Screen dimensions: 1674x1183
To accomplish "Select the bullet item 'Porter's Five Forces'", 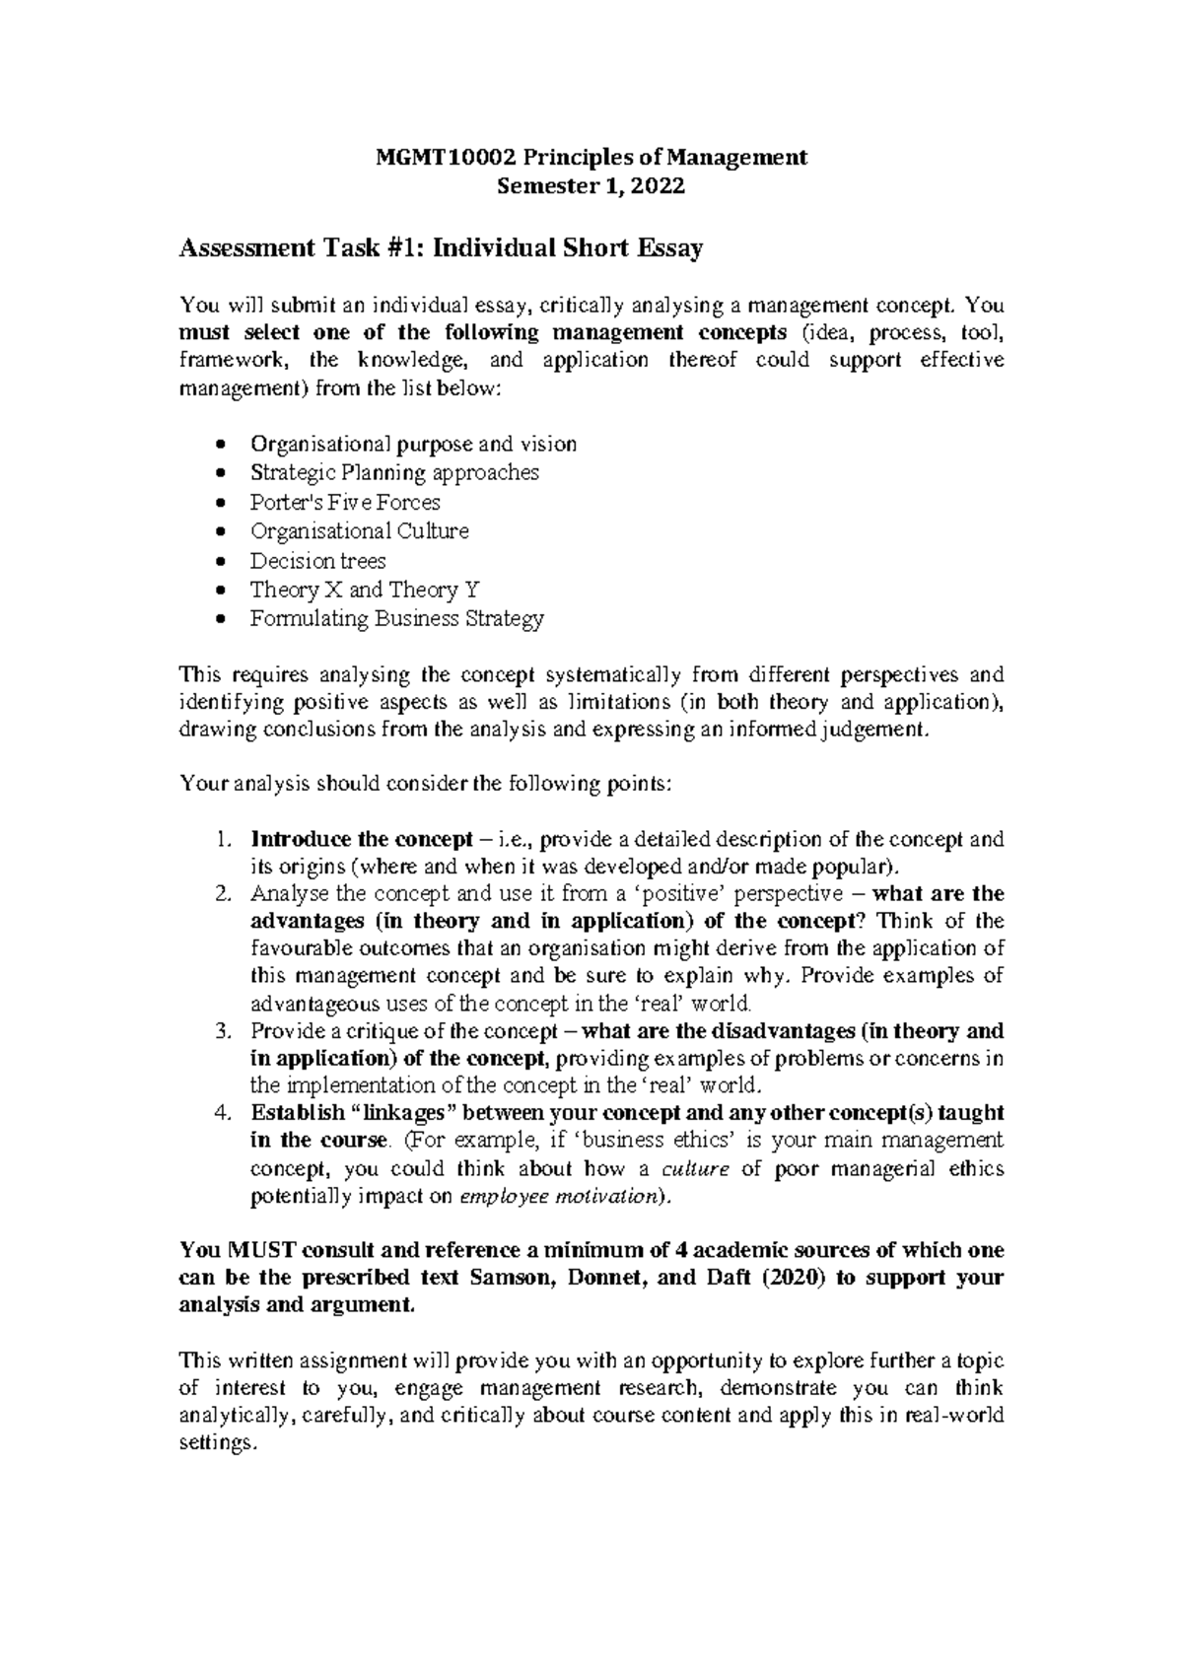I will pos(345,502).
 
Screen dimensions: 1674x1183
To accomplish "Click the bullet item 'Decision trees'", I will pos(317,561).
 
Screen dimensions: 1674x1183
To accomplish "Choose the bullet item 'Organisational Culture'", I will pos(359,531).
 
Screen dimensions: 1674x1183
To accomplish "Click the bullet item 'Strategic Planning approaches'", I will pos(394,472).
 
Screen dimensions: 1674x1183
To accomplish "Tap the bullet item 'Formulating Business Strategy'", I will pos(396,619).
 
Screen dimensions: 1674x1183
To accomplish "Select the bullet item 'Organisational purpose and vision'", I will pos(413,444).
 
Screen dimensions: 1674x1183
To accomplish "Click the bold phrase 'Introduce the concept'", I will pos(362,840).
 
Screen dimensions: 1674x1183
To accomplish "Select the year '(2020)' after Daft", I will pos(775,1278).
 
